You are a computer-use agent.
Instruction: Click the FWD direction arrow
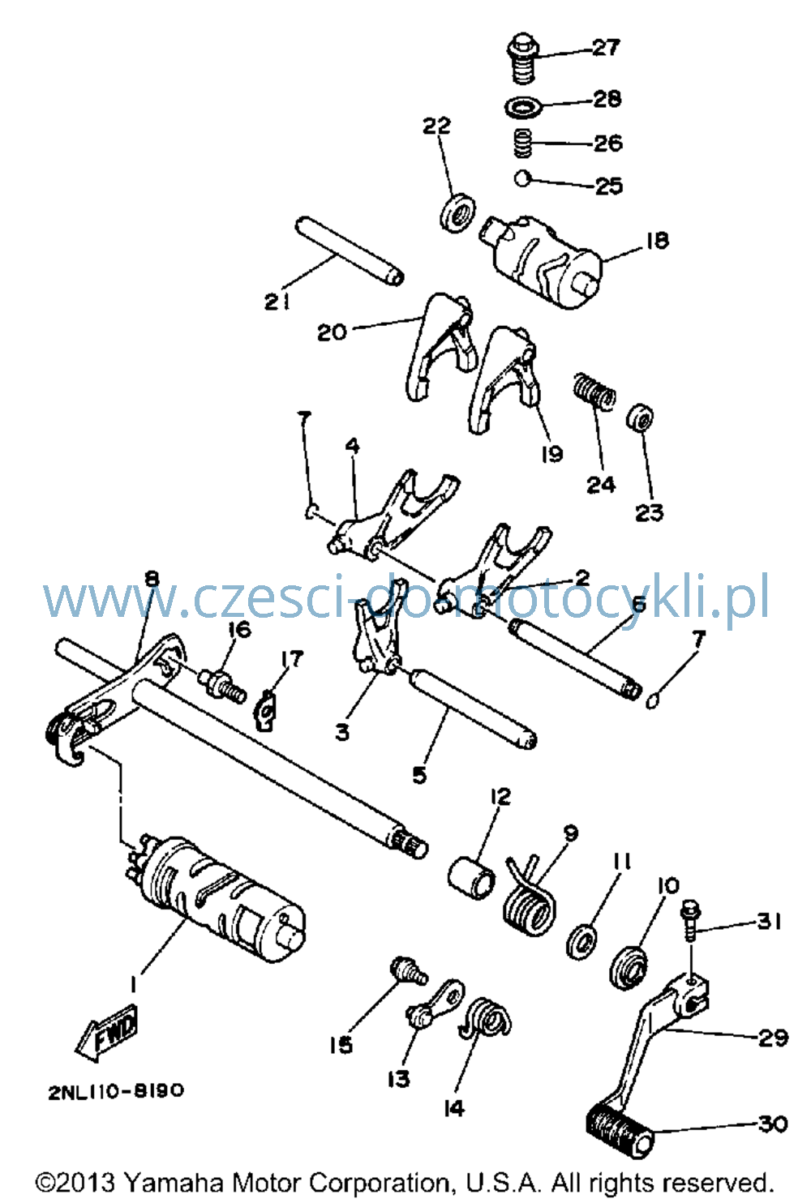(x=107, y=1032)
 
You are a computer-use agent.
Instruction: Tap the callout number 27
(x=607, y=48)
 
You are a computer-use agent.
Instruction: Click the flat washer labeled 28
(x=523, y=106)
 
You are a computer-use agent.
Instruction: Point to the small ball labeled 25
(x=522, y=178)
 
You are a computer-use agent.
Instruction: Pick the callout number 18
(x=657, y=240)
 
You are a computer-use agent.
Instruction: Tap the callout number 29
(x=773, y=1038)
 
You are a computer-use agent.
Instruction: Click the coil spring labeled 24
(x=594, y=392)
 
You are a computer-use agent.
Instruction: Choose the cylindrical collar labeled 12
(x=471, y=878)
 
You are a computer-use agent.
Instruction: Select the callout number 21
(x=277, y=302)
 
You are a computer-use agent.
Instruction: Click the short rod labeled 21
(x=350, y=250)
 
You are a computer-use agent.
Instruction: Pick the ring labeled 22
(x=457, y=213)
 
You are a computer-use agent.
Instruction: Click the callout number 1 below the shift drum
(x=131, y=984)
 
